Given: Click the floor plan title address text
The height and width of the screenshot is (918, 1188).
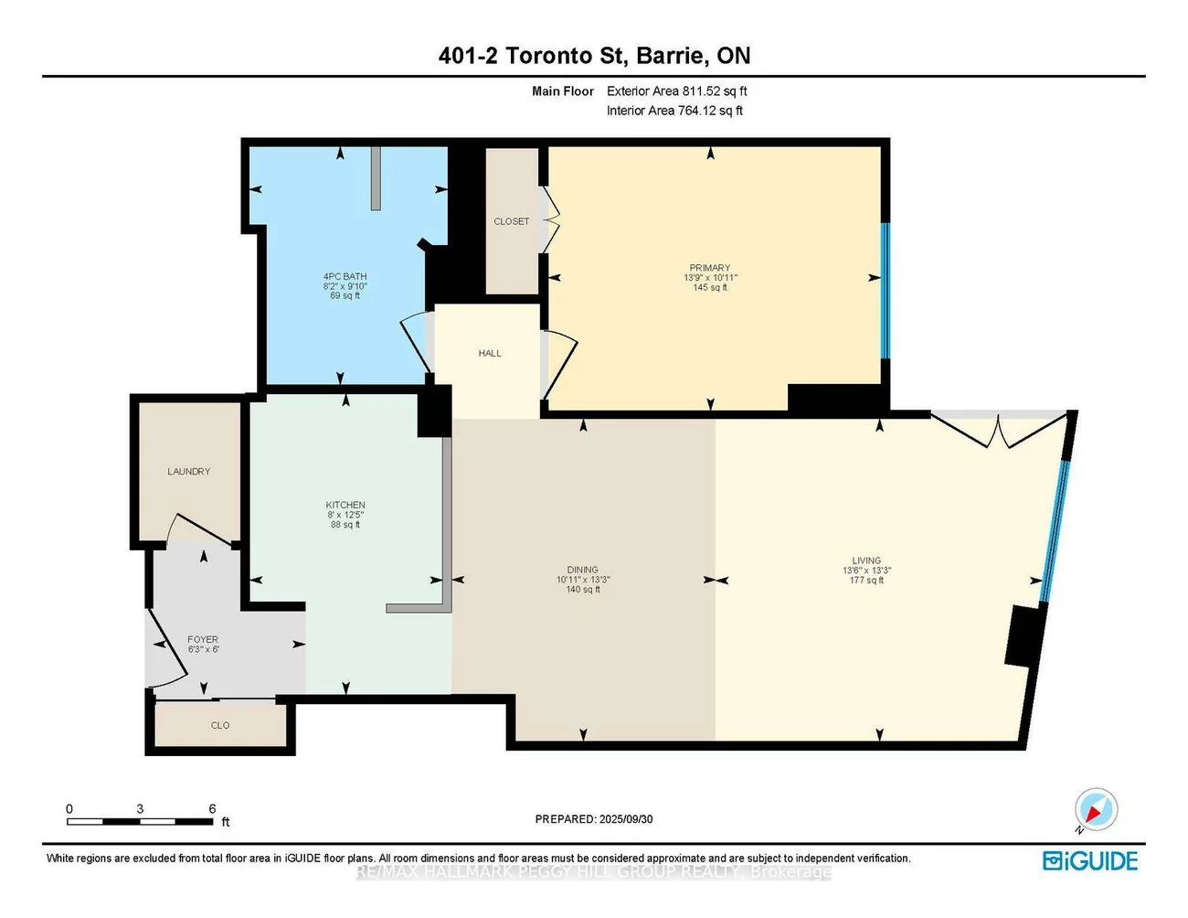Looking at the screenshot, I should (594, 56).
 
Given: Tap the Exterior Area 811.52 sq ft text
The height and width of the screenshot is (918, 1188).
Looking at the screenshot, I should (676, 91).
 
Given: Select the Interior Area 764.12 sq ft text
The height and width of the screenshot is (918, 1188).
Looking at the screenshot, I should (674, 111).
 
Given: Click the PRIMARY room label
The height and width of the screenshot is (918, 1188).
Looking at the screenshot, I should (710, 268).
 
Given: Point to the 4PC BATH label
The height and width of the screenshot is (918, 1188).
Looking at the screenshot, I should (345, 276).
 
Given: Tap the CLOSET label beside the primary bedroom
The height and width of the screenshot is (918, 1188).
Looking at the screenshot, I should (512, 221).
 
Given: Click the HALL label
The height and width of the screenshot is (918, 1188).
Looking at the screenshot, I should (490, 353).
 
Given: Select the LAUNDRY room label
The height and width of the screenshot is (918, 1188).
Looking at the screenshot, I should (189, 472).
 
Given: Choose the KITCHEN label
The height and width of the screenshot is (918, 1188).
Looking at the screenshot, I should (345, 505).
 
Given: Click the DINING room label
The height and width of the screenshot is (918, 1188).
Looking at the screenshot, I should (582, 570).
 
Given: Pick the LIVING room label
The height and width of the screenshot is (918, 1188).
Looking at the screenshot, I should (866, 560).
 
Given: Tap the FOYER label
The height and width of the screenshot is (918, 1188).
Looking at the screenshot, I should (203, 640).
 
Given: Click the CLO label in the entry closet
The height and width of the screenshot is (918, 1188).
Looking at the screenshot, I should (220, 725).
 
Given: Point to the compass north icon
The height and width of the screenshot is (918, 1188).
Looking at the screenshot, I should (1095, 811).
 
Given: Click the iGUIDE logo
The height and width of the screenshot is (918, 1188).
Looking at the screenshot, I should (1090, 860).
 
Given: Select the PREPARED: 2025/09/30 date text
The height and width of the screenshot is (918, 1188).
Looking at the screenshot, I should (594, 819).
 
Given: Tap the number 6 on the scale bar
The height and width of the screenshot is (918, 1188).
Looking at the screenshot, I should (212, 808).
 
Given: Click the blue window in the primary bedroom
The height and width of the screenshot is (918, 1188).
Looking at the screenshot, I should (884, 291).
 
